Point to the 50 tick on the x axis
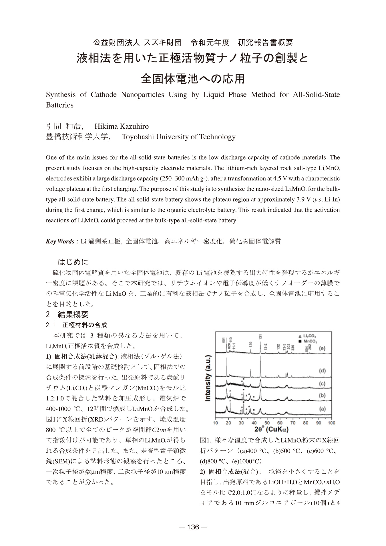267,423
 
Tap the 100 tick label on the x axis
331,423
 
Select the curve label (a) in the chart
322,409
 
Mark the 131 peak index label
260,337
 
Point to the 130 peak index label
250,344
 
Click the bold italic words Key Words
60,241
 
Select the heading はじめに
73,262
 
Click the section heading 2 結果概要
67,315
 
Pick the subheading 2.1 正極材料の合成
76,325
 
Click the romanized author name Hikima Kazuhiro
122,126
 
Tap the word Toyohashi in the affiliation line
136,137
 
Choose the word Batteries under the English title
60,105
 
